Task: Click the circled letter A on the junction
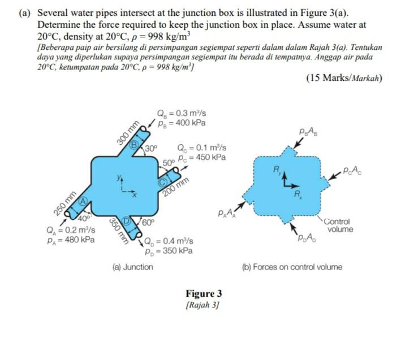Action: coord(81,200)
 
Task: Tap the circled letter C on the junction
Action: coord(161,182)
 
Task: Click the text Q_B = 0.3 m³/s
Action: coord(181,112)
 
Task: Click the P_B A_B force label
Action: coord(311,133)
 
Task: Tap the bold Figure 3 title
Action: coord(204,294)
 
